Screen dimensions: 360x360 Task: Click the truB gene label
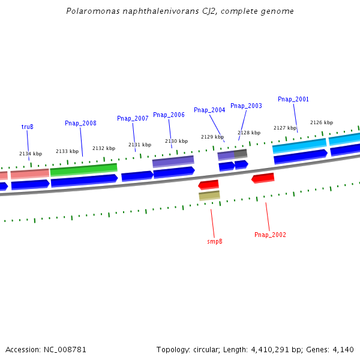pyautogui.click(x=27, y=127)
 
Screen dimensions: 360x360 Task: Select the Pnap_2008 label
pyautogui.click(x=80, y=123)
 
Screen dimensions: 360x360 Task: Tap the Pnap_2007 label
pyautogui.click(x=133, y=118)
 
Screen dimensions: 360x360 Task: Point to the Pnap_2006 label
pyautogui.click(x=169, y=115)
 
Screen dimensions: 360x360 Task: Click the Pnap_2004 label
pyautogui.click(x=209, y=110)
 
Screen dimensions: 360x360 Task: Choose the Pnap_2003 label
pyautogui.click(x=246, y=106)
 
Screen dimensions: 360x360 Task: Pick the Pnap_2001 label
pyautogui.click(x=293, y=99)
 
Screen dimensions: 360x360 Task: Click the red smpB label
pyautogui.click(x=215, y=241)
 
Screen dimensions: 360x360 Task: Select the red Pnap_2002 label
pyautogui.click(x=270, y=235)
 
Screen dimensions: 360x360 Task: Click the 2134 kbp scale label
pyautogui.click(x=31, y=154)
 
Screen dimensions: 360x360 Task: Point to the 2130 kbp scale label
pyautogui.click(x=176, y=141)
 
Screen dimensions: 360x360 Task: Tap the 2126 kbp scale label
pyautogui.click(x=321, y=122)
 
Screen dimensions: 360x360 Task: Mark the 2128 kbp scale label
pyautogui.click(x=249, y=133)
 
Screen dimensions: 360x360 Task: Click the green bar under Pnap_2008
pyautogui.click(x=83, y=170)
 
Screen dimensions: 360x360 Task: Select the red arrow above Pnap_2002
pyautogui.click(x=263, y=178)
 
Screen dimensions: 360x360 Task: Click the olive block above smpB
pyautogui.click(x=209, y=196)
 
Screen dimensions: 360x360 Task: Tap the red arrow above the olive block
pyautogui.click(x=208, y=184)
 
